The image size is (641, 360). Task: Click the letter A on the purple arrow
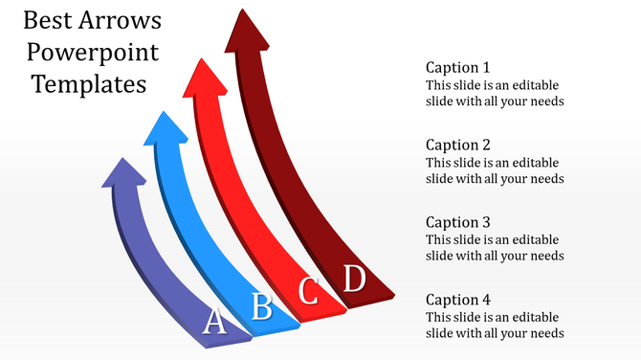point(216,322)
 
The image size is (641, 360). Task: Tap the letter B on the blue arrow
point(261,306)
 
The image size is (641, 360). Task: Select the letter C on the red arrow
point(309,290)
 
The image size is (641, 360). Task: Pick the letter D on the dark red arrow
point(355,280)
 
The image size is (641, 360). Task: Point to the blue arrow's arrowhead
point(166,128)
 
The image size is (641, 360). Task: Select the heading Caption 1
point(457,68)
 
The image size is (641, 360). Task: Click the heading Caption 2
point(457,146)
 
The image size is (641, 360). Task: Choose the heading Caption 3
point(457,222)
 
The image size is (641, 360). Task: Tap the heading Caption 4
point(457,300)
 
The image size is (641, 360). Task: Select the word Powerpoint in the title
point(94,52)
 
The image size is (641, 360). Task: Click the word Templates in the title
point(89,84)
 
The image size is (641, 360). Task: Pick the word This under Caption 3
point(439,239)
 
